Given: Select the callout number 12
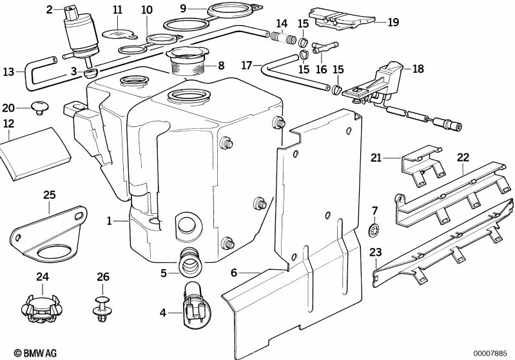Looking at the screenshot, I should coord(8,122).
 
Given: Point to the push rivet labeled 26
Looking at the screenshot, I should coord(101,308).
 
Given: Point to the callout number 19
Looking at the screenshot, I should coord(393,22).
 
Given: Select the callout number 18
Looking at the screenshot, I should coord(418,68).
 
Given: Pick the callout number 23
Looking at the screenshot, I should coord(375,252).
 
